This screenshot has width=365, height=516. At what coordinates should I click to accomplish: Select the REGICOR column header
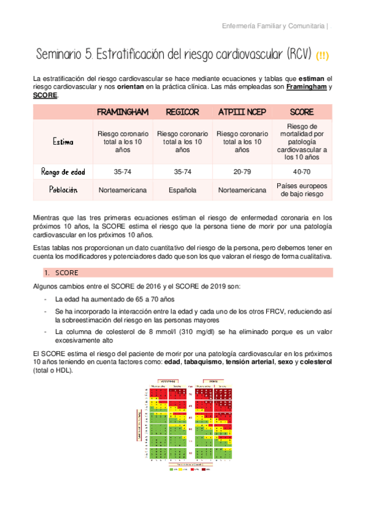pyautogui.click(x=182, y=113)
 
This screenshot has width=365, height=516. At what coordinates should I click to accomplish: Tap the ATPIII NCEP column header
pyautogui.click(x=242, y=113)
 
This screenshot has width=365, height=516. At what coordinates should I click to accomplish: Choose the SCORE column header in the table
pyautogui.click(x=302, y=113)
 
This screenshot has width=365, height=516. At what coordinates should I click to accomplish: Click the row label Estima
pyautogui.click(x=63, y=142)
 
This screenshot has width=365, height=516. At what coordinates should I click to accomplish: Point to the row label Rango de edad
pyautogui.click(x=63, y=172)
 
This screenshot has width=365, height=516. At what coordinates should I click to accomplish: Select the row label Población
pyautogui.click(x=63, y=190)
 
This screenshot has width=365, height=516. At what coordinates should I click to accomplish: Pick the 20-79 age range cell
pyautogui.click(x=242, y=172)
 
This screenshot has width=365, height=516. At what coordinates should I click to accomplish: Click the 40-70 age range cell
pyautogui.click(x=302, y=172)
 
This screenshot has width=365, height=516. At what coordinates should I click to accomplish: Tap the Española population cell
pyautogui.click(x=182, y=190)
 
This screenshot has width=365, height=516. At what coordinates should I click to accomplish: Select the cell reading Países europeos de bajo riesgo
pyautogui.click(x=302, y=190)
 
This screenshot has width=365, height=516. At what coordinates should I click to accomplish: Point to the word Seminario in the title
pyautogui.click(x=60, y=54)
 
